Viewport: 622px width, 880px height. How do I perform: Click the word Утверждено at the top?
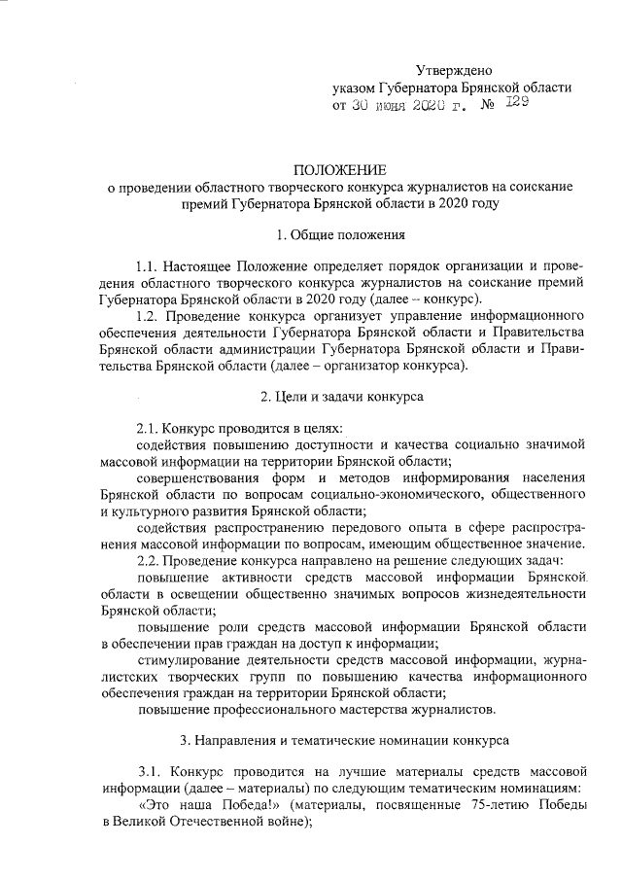pos(454,70)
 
